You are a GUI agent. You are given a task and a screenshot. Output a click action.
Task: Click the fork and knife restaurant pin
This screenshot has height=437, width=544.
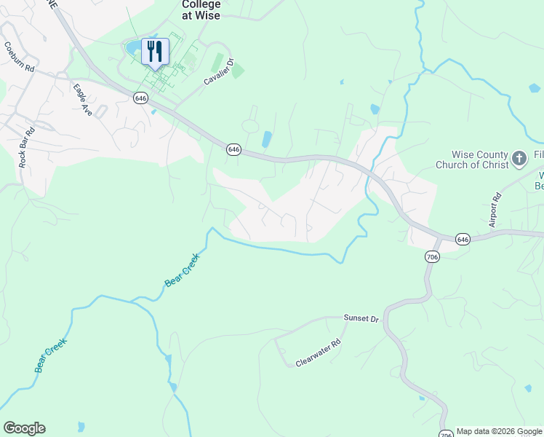tap(154, 52)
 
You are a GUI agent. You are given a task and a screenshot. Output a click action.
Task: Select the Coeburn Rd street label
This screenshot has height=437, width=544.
tap(20, 58)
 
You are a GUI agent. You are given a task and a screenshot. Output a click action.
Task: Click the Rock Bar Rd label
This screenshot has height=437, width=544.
tap(26, 149)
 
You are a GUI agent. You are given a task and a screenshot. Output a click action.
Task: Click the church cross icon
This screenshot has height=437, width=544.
tap(519, 157)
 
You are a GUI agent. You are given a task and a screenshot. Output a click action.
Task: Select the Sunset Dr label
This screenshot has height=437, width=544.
tap(361, 319)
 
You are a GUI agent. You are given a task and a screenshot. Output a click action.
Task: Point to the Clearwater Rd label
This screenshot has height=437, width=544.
tap(318, 353)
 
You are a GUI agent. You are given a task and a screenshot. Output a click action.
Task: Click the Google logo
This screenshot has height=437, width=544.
tap(24, 428)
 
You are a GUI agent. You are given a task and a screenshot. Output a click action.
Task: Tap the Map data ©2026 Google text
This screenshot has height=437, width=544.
tap(500, 431)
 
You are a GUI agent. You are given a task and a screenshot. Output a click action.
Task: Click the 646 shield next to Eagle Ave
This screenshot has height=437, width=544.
tap(141, 98)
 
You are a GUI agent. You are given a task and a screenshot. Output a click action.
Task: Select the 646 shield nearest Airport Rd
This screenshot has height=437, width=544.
tap(463, 239)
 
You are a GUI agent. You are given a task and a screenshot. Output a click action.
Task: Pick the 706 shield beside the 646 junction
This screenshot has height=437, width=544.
tap(431, 256)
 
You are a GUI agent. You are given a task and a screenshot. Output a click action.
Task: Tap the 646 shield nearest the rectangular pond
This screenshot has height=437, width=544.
tap(233, 149)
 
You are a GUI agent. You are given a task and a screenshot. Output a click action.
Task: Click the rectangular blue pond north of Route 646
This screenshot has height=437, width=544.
tap(266, 138)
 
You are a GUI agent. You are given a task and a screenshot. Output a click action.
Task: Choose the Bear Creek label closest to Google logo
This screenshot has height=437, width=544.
tap(51, 355)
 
